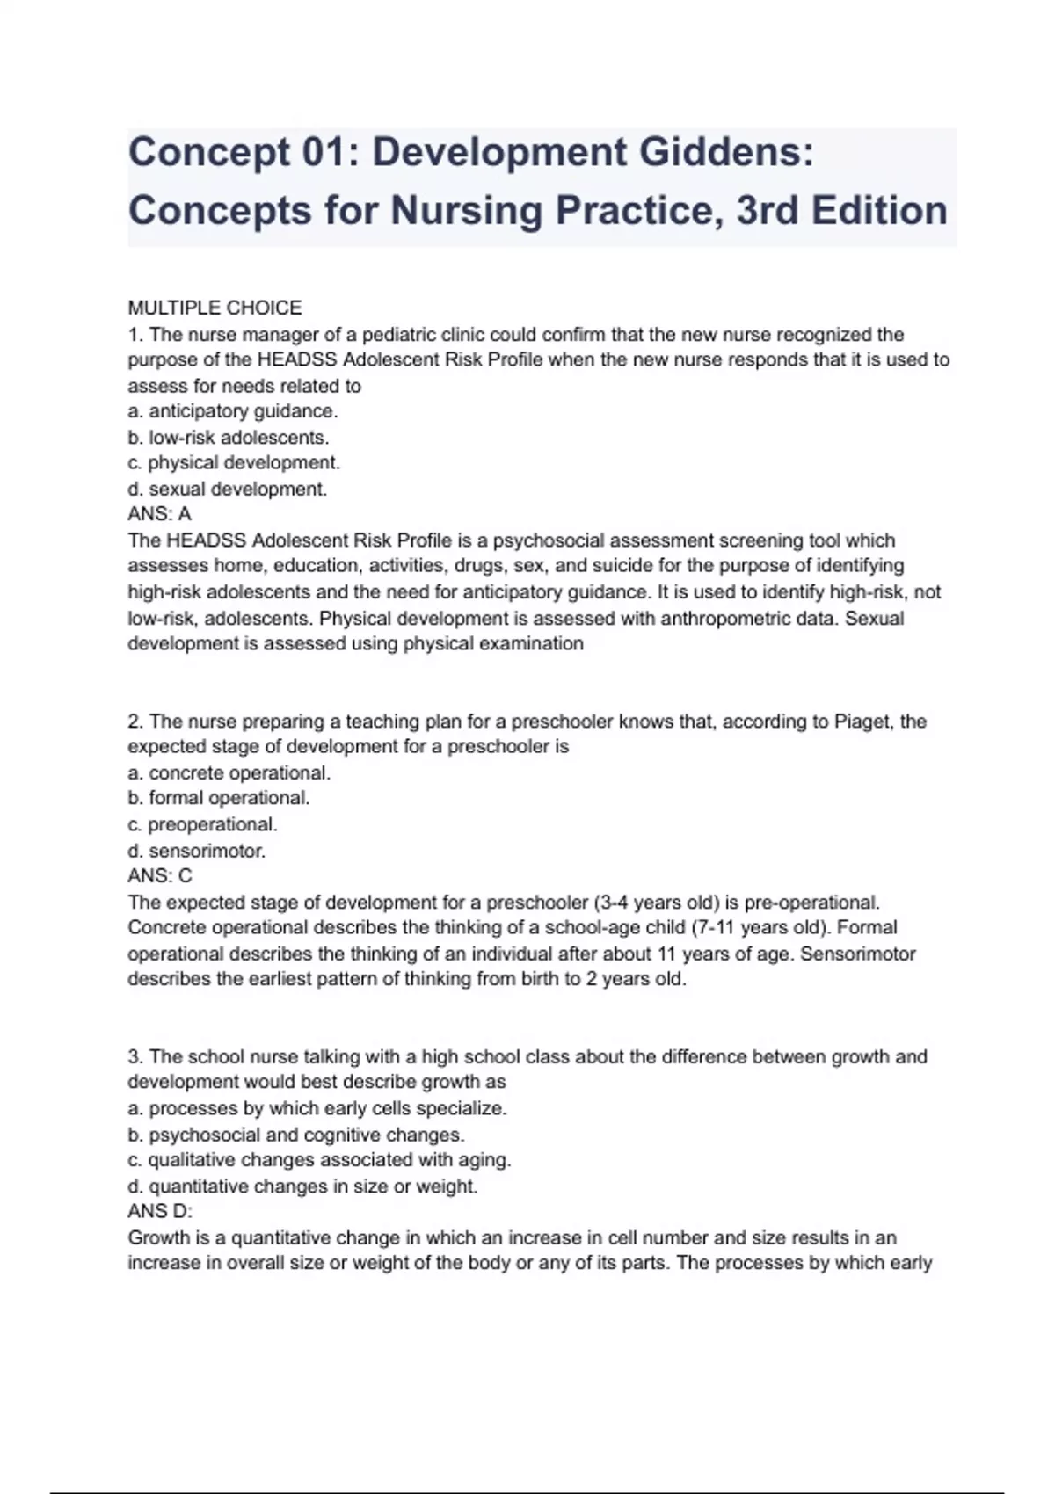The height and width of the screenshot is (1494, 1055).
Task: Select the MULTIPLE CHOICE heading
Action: point(215,308)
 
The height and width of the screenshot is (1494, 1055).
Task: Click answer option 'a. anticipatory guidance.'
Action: point(233,411)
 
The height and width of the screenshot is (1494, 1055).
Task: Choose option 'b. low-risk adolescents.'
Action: point(229,437)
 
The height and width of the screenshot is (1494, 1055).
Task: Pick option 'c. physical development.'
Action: point(234,462)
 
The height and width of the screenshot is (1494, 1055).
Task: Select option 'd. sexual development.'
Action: point(228,489)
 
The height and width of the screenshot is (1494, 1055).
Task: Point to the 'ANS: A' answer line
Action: point(159,514)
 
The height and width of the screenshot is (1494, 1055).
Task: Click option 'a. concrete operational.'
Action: point(229,772)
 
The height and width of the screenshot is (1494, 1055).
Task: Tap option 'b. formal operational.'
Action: point(219,798)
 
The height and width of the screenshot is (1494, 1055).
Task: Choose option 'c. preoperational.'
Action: point(202,824)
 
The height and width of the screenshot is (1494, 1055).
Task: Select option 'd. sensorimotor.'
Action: point(197,851)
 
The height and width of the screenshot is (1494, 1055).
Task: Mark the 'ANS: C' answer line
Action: point(160,876)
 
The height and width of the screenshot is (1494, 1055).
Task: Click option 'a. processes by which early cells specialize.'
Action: point(317,1108)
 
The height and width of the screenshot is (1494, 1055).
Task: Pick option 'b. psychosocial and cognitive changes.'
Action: point(296,1135)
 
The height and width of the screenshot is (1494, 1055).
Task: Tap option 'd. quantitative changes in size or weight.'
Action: point(303,1186)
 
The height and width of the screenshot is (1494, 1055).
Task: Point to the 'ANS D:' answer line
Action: point(160,1212)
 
